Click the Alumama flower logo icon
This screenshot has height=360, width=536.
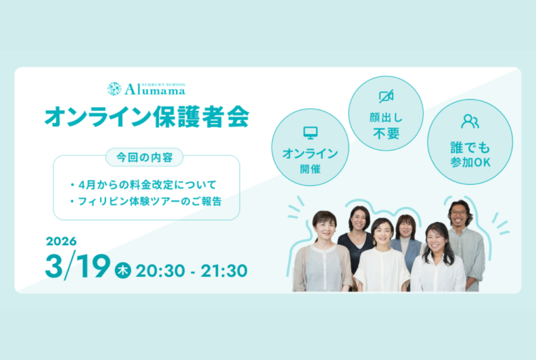point(114,89)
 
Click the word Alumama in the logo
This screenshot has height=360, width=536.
point(155,90)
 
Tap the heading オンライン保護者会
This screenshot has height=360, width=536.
point(147,117)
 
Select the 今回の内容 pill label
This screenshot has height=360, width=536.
point(144,157)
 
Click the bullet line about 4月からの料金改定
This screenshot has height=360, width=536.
point(143,185)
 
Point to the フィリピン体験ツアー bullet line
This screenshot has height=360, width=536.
point(146,201)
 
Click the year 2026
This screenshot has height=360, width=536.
point(61,241)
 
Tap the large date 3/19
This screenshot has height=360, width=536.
point(78,266)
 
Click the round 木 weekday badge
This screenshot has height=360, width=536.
point(122,270)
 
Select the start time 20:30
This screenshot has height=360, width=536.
point(160,271)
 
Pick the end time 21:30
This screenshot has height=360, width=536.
point(224,271)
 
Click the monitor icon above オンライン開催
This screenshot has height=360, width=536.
point(310,133)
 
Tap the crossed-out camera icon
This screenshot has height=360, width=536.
point(386,96)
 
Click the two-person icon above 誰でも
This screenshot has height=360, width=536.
point(470,121)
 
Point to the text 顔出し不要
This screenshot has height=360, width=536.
point(386,126)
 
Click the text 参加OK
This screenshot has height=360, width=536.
point(471,162)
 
